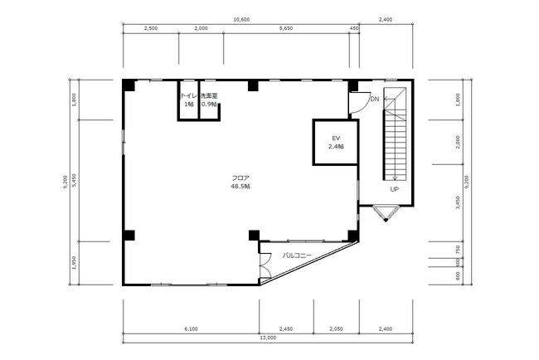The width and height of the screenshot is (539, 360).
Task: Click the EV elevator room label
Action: pos(336,142)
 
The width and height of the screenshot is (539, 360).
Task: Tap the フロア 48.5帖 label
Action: pos(240,182)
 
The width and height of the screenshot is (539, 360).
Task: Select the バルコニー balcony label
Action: pos(297,255)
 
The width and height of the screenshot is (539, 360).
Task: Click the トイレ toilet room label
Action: pos(189,100)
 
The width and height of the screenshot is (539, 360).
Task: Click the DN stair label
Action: pos(374,99)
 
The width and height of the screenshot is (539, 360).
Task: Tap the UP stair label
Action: pos(394,189)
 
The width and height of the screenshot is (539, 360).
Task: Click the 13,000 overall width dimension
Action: pos(268,338)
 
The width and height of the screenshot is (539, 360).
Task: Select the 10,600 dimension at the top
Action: pos(241,20)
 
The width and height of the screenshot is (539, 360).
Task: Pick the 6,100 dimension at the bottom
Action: pos(191,329)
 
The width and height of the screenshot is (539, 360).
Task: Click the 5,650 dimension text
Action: pos(286,28)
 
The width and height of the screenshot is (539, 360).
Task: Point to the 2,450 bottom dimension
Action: pos(286,329)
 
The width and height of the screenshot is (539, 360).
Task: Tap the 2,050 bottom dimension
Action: pos(336,329)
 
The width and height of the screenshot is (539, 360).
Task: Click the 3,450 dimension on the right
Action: pos(457,203)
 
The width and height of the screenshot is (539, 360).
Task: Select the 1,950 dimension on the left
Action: pos(75,263)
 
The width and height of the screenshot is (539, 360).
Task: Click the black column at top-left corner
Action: pos(129,85)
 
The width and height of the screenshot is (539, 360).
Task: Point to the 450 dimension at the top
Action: pos(354,28)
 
